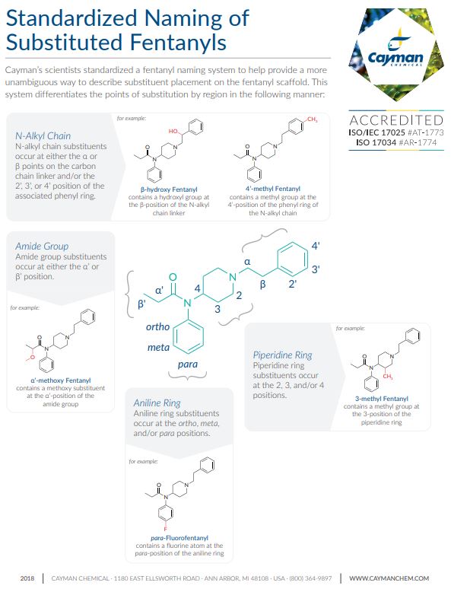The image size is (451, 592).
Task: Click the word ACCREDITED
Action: click(x=396, y=120)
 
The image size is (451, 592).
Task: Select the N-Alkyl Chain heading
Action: click(x=43, y=136)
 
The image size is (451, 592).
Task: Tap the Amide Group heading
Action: click(x=42, y=247)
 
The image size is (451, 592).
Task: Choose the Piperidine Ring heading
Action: click(x=283, y=355)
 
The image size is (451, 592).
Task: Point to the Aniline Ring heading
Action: click(x=157, y=403)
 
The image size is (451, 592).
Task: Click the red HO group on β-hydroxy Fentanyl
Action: click(x=173, y=131)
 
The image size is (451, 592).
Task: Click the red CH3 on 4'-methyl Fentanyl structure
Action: click(x=312, y=119)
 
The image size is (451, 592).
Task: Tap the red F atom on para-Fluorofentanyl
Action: click(x=165, y=529)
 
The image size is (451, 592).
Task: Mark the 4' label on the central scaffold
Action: click(x=316, y=246)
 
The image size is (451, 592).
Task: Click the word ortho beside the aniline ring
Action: click(x=157, y=326)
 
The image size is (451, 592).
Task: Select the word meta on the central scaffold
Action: click(x=158, y=347)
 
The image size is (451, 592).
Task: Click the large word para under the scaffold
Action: click(x=188, y=364)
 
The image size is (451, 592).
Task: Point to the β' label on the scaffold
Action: click(x=141, y=304)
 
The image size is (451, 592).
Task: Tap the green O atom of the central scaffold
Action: click(x=173, y=278)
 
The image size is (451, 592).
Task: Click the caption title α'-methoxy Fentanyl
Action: click(x=60, y=380)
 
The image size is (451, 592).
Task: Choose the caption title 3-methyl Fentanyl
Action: click(x=382, y=399)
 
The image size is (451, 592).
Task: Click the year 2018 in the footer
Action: click(x=27, y=578)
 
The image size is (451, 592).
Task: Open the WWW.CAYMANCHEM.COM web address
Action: click(x=389, y=578)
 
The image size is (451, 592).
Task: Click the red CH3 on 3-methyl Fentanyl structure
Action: click(x=388, y=377)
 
